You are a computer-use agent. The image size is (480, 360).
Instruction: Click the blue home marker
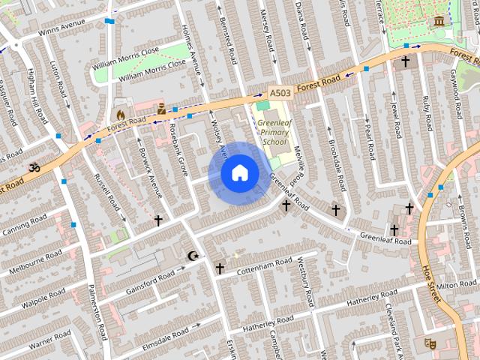(239, 173)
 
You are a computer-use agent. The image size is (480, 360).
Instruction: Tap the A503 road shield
(280, 93)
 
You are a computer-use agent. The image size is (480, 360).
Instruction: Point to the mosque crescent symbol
(193, 256)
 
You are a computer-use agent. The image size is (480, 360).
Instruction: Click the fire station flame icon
(119, 115)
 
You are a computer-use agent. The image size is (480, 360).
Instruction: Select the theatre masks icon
(430, 342)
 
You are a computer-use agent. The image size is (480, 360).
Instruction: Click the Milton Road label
(456, 285)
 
